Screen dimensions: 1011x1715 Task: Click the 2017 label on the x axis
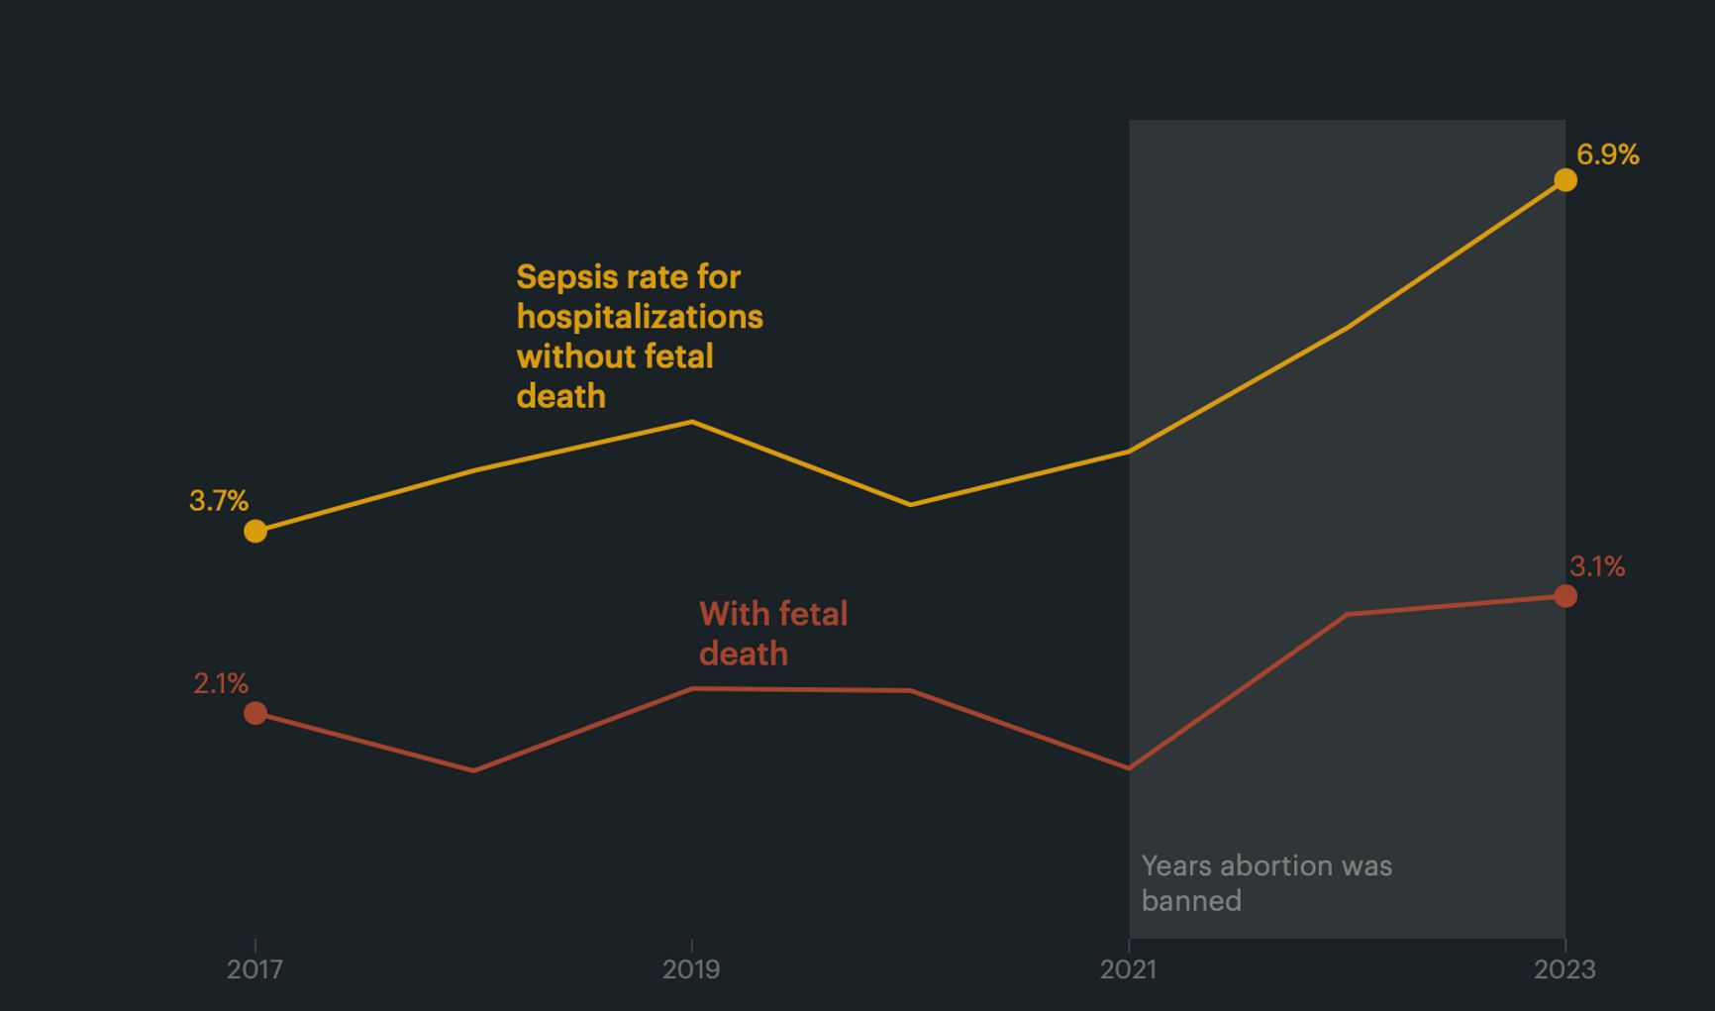point(254,969)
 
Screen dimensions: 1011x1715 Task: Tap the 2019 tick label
point(691,969)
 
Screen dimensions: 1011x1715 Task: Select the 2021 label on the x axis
point(1128,969)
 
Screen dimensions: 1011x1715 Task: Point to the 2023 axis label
point(1564,969)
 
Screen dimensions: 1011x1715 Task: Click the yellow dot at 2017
point(255,532)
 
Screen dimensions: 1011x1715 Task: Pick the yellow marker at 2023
point(1565,180)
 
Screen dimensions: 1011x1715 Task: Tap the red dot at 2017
point(255,713)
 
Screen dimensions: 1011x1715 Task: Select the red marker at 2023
point(1565,596)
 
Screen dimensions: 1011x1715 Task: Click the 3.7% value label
point(219,501)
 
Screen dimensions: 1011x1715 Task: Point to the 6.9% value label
point(1607,155)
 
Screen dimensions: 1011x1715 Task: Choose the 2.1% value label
point(221,683)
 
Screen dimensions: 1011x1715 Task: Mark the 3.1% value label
point(1597,567)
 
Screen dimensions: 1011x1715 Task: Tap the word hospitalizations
point(640,317)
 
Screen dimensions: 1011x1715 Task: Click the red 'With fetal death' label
point(772,634)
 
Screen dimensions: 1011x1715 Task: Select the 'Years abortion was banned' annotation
point(1265,882)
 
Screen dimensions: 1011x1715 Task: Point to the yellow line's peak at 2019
point(692,422)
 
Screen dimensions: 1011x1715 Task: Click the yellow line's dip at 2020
point(911,505)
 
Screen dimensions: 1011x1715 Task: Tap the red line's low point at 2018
point(474,770)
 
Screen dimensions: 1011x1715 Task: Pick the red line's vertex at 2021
point(1129,768)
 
